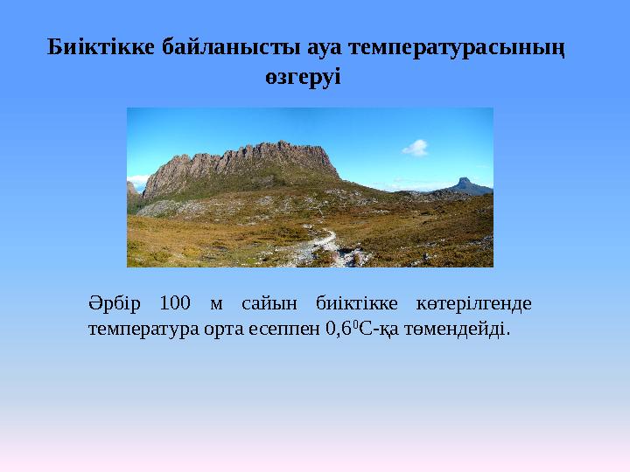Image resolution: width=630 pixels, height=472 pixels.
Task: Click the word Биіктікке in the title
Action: [101, 47]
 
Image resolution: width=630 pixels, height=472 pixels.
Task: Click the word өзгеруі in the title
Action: [303, 76]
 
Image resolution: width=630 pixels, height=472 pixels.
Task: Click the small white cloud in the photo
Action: [416, 148]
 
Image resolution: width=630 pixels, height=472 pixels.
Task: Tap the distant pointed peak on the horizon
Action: [465, 185]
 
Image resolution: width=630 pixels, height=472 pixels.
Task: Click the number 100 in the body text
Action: [175, 302]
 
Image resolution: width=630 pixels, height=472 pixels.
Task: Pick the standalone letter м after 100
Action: [216, 305]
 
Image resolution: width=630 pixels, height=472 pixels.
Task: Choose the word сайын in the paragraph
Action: [269, 304]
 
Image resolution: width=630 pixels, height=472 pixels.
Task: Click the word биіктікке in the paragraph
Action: [357, 303]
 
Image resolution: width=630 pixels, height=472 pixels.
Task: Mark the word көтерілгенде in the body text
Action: [473, 304]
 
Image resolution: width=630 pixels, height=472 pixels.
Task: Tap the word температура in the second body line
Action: [143, 330]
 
